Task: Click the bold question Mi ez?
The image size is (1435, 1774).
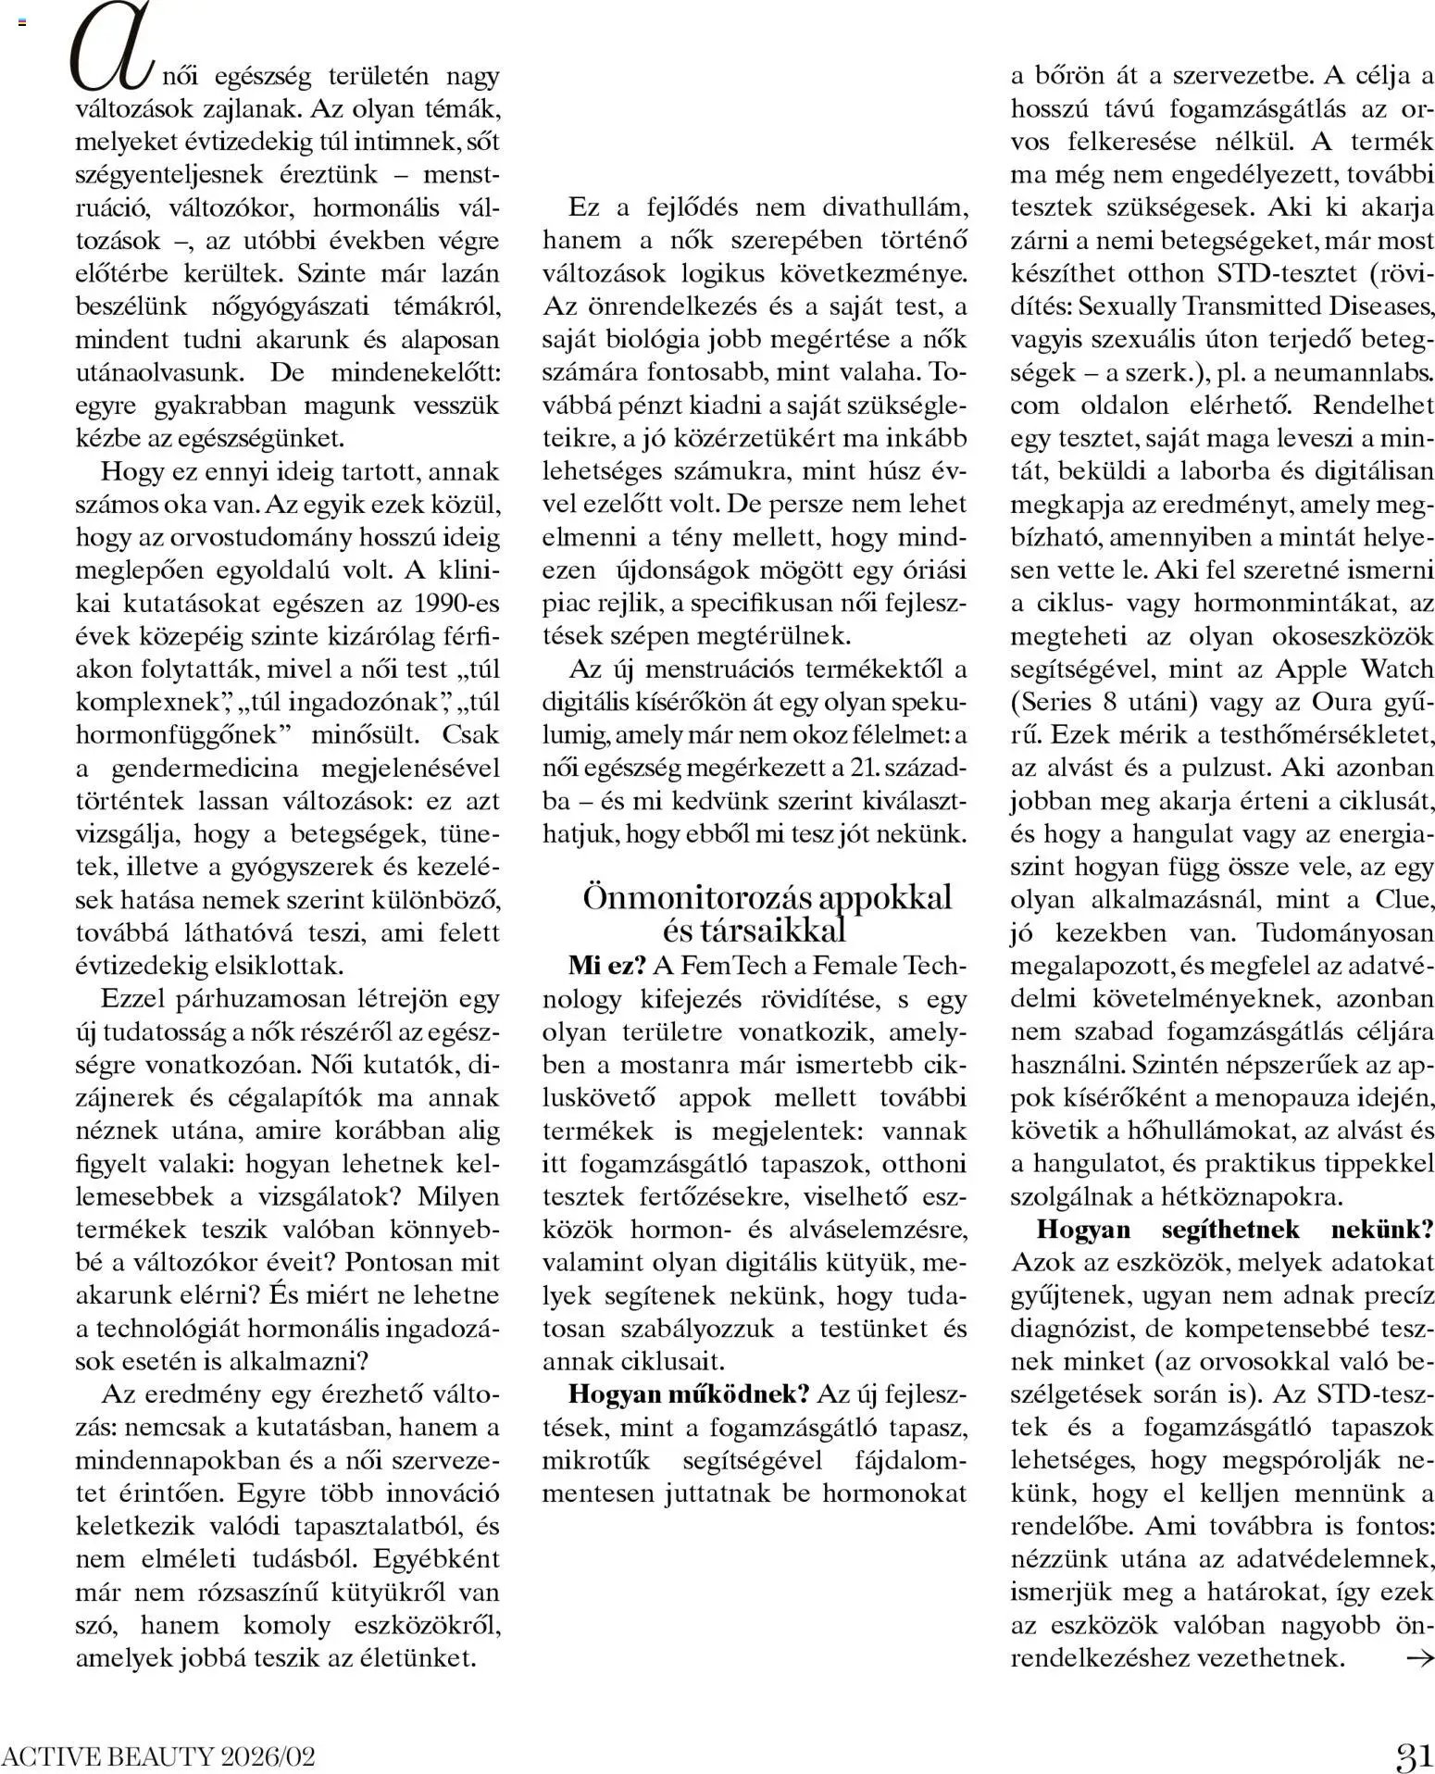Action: [606, 966]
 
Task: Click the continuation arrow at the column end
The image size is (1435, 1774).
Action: [1418, 1657]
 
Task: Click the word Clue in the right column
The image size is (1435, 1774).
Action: [1404, 900]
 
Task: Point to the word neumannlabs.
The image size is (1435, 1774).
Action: [1357, 373]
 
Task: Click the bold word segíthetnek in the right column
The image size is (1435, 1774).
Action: [1232, 1230]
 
